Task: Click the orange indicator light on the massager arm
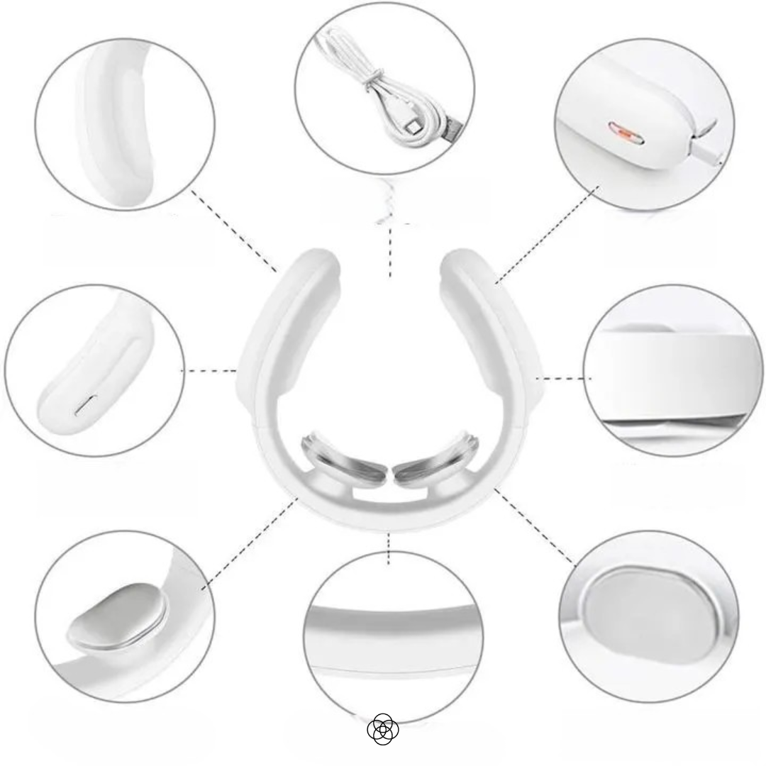tap(625, 131)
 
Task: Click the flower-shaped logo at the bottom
tap(383, 728)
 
